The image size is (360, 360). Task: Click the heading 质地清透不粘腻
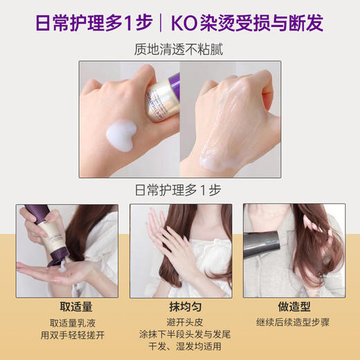point(179,51)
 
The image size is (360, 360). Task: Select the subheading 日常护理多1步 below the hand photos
point(179,190)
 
